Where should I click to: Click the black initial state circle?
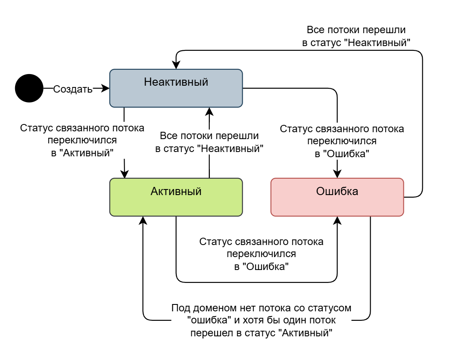[x=29, y=88]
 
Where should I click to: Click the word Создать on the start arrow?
[x=72, y=89]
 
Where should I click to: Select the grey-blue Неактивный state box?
[x=176, y=88]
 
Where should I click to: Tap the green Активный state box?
[x=176, y=197]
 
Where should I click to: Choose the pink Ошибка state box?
[x=337, y=197]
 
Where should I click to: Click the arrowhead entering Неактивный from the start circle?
[x=106, y=88]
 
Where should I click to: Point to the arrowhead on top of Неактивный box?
[x=176, y=65]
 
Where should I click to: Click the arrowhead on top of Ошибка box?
[x=337, y=174]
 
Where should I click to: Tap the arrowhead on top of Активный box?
[x=125, y=174]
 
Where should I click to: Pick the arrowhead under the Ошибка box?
[x=337, y=220]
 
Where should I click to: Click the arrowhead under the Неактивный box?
[x=209, y=112]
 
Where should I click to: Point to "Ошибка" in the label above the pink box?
[x=348, y=153]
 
